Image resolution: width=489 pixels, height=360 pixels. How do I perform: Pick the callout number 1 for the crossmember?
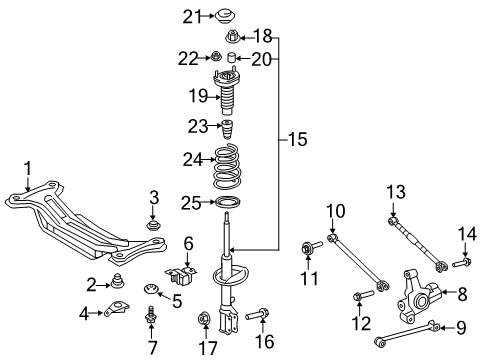coord(29,166)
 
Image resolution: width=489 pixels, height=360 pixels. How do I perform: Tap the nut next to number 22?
coord(213,59)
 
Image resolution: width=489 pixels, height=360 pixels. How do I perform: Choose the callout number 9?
coord(461,327)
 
